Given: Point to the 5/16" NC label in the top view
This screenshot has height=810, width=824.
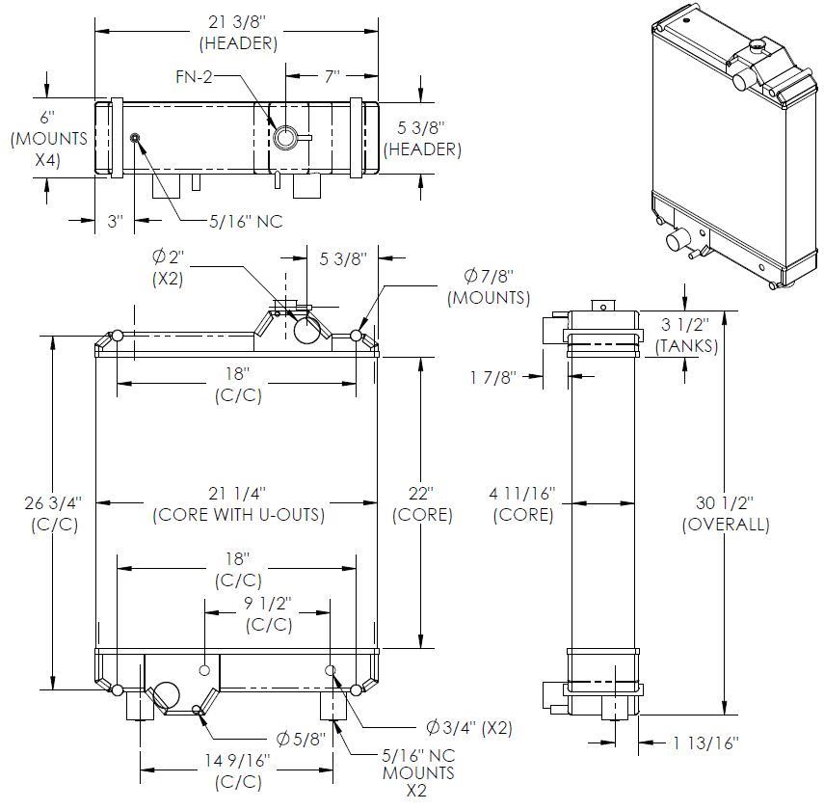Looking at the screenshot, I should (x=246, y=221).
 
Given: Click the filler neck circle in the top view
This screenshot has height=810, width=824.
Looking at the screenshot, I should (x=285, y=138).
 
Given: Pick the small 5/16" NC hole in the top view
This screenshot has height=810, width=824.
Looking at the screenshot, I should (x=135, y=138).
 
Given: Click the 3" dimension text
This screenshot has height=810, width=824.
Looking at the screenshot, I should (x=116, y=221).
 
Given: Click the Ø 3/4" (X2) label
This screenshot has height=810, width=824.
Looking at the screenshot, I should (x=468, y=728).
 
